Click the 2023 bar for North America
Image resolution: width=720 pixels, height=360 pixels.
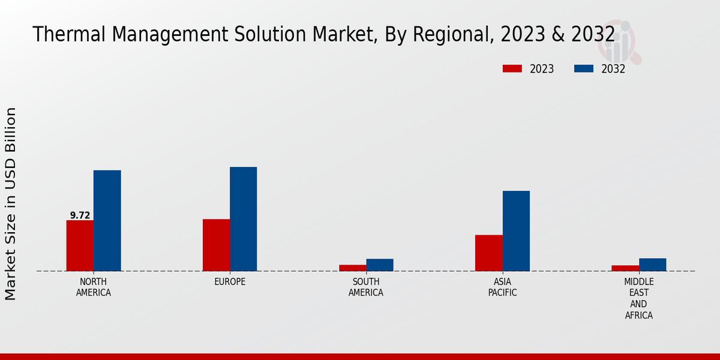(x=80, y=245)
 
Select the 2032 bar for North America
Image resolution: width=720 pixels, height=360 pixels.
(x=107, y=220)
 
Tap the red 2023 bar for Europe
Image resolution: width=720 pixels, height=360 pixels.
(x=216, y=245)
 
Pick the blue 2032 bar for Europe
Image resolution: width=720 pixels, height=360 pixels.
(x=243, y=218)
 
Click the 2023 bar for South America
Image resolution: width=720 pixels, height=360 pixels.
(x=352, y=268)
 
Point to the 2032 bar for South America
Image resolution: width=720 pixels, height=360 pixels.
(x=380, y=265)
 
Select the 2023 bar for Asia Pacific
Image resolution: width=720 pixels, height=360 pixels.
(x=488, y=253)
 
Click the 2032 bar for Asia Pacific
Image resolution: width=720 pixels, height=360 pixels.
(x=516, y=230)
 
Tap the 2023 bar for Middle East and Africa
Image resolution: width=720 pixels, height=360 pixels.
(x=625, y=268)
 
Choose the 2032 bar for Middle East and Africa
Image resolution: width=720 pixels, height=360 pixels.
(x=652, y=264)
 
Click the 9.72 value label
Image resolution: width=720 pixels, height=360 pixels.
(x=80, y=215)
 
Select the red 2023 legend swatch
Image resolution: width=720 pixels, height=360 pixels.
(x=512, y=68)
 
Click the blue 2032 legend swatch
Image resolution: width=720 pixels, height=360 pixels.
(x=584, y=68)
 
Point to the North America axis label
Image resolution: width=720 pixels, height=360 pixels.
(x=94, y=287)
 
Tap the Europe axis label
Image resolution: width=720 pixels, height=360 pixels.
(x=230, y=281)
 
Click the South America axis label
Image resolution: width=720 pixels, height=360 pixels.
(x=366, y=287)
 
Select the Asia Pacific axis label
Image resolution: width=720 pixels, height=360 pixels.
(x=502, y=287)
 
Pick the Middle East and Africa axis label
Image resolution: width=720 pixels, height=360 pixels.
(x=639, y=298)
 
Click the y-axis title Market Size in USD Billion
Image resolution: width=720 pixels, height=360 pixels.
(x=11, y=204)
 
